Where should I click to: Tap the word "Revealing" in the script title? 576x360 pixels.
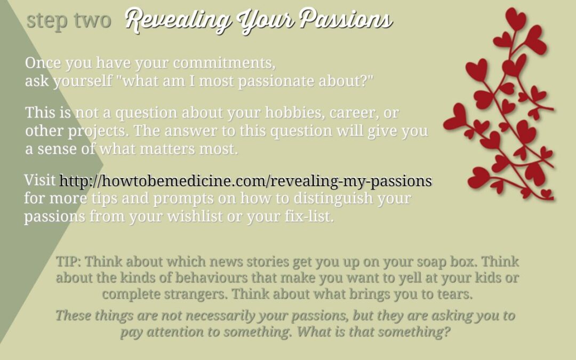[179, 20]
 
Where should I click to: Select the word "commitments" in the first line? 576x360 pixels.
[223, 63]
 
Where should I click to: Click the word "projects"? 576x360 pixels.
[98, 131]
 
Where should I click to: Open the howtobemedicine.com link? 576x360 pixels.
[245, 181]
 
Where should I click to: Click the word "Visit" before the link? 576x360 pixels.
[39, 180]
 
